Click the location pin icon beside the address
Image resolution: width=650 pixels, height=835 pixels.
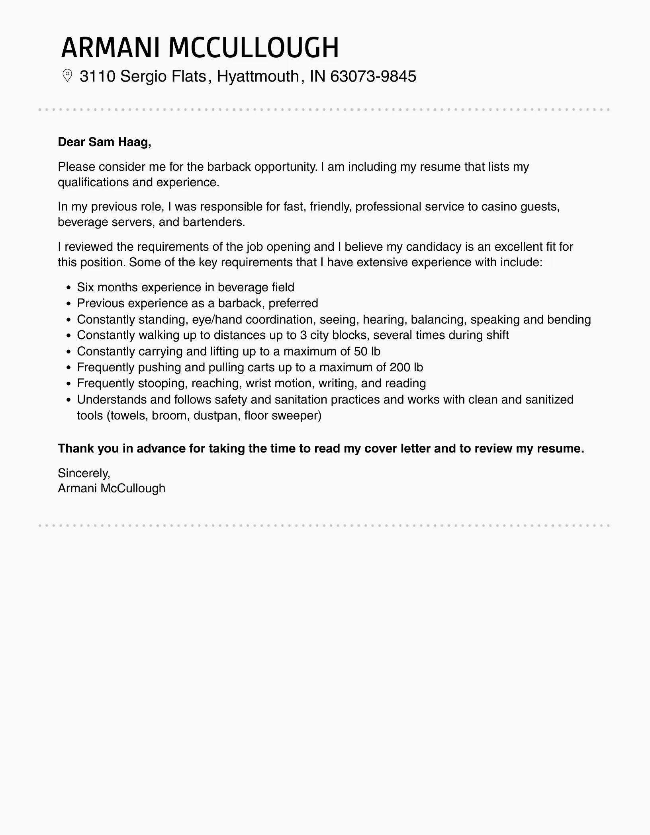click(x=67, y=76)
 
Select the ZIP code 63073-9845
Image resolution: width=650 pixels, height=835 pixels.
click(x=373, y=76)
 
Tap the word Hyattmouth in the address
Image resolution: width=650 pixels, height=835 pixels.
click(x=258, y=76)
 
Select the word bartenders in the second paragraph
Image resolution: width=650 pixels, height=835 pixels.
click(x=213, y=222)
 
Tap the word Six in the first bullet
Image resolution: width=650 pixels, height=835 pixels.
click(x=85, y=287)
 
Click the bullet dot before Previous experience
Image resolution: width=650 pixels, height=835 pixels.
click(x=69, y=304)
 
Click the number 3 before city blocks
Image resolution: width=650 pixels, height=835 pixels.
click(x=303, y=335)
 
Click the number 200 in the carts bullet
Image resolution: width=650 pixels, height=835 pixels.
click(x=400, y=367)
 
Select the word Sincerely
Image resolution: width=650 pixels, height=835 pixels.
click(x=84, y=473)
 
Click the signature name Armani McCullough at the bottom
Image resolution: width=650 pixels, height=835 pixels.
click(x=112, y=488)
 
